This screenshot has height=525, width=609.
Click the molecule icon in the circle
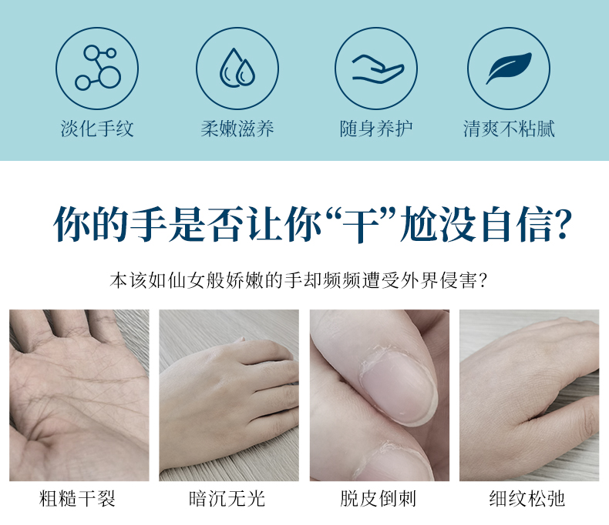click(x=98, y=68)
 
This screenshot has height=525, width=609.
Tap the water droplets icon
click(x=237, y=68)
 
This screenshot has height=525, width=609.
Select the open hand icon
click(x=378, y=69)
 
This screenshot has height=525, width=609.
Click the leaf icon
click(x=509, y=68)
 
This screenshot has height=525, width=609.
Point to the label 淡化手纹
click(x=97, y=129)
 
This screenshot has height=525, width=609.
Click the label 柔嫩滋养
click(x=237, y=129)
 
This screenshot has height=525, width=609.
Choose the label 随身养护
click(x=376, y=129)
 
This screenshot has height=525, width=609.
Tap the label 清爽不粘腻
click(x=509, y=129)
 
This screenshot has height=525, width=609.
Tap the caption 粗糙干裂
click(x=78, y=499)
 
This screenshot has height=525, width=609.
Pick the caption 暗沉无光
click(x=227, y=499)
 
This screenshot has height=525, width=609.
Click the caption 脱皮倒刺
click(x=379, y=499)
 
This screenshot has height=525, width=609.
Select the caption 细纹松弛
click(x=527, y=499)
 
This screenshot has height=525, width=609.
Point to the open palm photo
click(x=79, y=395)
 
